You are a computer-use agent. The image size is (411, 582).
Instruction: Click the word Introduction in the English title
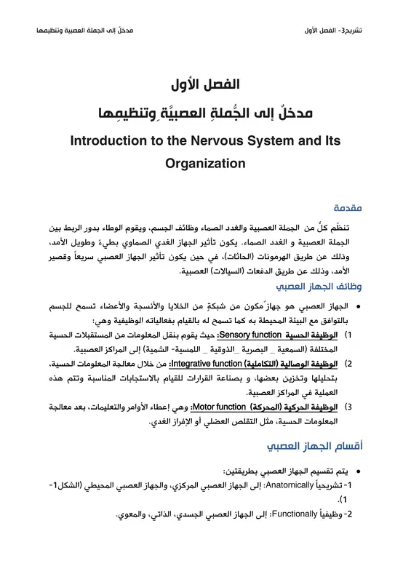[x=111, y=141]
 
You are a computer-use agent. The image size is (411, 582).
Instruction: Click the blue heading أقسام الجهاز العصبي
[x=339, y=445]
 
